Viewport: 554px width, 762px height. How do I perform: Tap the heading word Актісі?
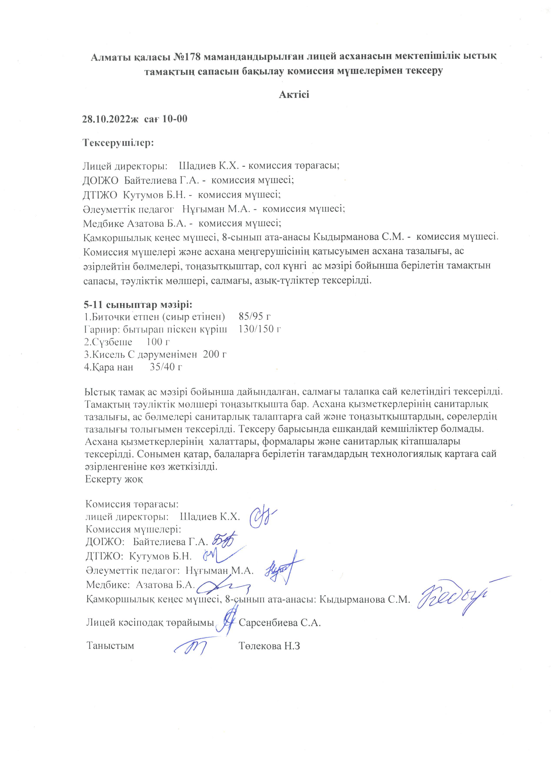(x=294, y=94)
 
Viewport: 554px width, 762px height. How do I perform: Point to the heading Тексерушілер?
(x=118, y=143)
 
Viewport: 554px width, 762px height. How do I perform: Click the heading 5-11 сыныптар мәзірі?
(x=138, y=305)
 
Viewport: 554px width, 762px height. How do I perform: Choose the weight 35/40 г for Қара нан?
(x=166, y=366)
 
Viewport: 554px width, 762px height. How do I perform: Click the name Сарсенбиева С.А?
(x=280, y=623)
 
